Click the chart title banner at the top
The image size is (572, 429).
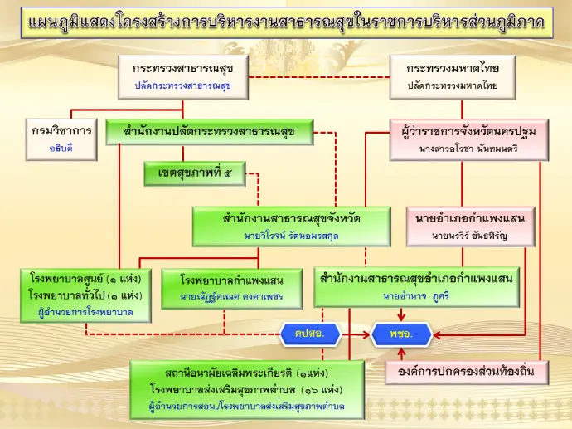pos(286,22)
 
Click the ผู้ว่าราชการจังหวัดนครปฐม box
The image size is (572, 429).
pos(468,139)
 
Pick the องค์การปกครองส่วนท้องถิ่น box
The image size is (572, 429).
pos(470,373)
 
